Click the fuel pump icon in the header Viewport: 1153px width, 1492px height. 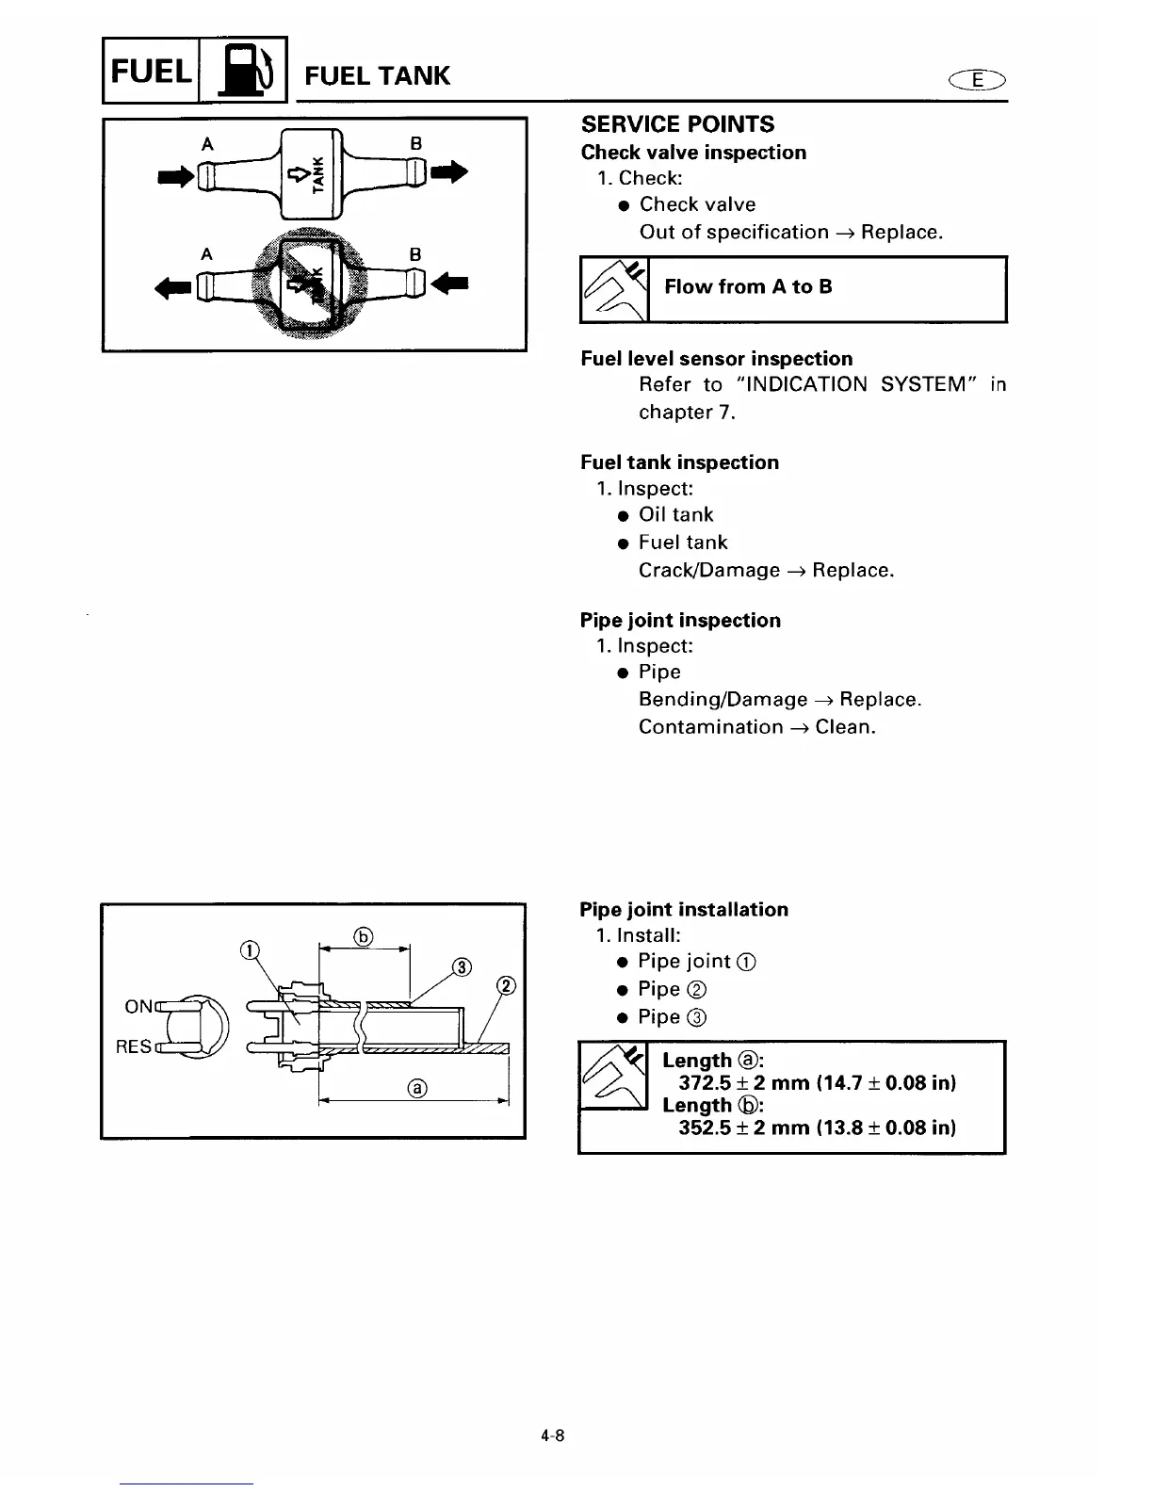(242, 70)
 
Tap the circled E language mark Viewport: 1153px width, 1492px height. (980, 80)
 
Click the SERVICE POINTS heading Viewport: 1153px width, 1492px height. (677, 124)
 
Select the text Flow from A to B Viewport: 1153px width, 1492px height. (748, 287)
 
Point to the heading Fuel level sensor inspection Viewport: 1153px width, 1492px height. (716, 359)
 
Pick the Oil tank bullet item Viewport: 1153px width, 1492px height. (675, 515)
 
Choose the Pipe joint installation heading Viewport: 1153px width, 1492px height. (684, 910)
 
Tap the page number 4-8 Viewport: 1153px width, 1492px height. (552, 1436)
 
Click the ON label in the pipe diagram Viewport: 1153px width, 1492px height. (138, 1007)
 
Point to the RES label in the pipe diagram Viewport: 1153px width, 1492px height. (133, 1046)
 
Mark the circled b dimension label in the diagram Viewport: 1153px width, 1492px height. (364, 936)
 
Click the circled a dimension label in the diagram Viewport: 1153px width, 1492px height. (417, 1089)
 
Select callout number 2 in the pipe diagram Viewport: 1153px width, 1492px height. (506, 986)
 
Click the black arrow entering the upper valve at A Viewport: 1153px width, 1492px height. (176, 175)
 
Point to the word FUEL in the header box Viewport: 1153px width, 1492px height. (151, 71)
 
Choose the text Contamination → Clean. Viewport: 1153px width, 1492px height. (756, 727)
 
